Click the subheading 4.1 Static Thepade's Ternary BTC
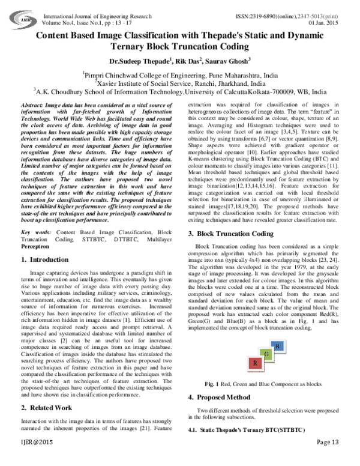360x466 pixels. click(239, 431)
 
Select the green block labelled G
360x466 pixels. click(265, 355)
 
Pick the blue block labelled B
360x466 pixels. click(277, 346)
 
